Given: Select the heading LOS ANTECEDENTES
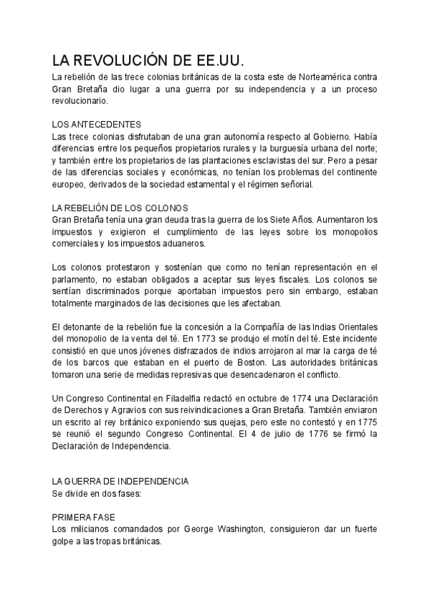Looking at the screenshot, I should pyautogui.click(x=97, y=124).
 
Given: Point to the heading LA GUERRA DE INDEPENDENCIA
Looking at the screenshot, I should pyautogui.click(x=120, y=482).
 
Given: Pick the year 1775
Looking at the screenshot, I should pyautogui.click(x=366, y=422).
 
